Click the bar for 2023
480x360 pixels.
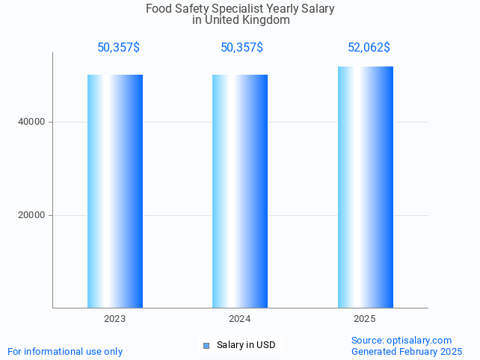click(115, 190)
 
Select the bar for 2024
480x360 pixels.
click(240, 190)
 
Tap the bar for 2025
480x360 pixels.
click(365, 187)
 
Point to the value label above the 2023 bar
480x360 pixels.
click(118, 48)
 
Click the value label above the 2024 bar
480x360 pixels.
click(241, 48)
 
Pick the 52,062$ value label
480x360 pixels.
click(369, 48)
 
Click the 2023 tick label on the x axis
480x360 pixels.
click(115, 319)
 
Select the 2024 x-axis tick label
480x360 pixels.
click(240, 319)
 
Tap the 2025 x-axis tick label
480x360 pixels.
click(365, 319)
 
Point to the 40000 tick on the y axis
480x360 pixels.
click(32, 122)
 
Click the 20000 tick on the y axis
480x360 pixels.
click(32, 215)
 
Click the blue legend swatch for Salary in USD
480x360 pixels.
click(206, 345)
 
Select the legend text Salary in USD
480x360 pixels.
click(246, 345)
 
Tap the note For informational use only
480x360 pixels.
click(65, 351)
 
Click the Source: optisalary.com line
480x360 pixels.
click(401, 340)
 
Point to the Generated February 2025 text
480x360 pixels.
click(407, 351)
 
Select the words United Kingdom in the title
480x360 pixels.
click(252, 20)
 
